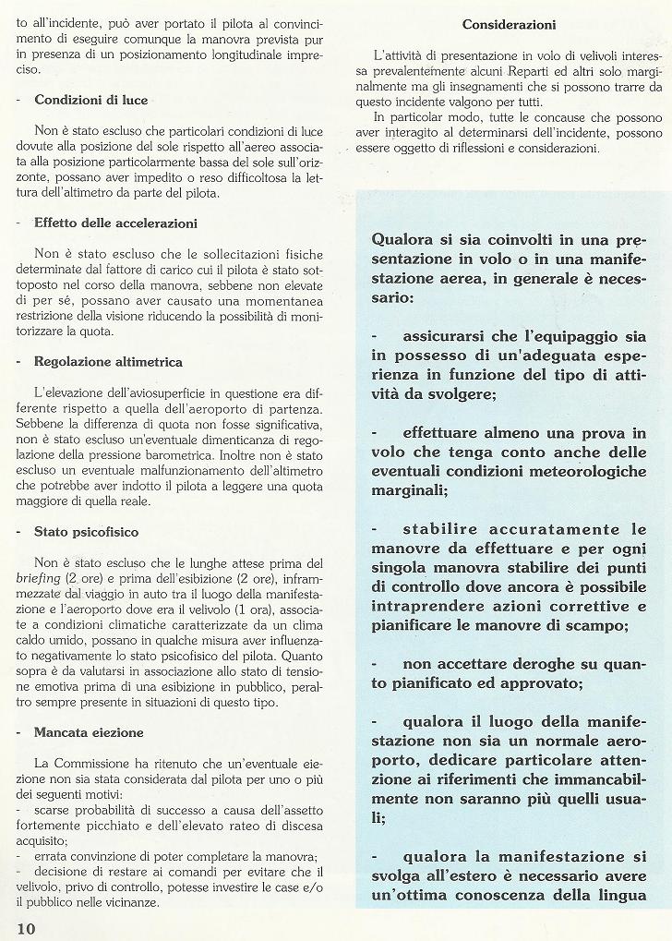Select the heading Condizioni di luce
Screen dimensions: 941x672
tap(90, 100)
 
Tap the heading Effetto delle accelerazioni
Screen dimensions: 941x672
tap(115, 223)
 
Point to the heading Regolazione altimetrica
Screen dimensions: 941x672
tap(108, 361)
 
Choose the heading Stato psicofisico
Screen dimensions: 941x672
tap(87, 532)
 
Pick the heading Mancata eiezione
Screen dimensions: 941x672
tap(89, 732)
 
